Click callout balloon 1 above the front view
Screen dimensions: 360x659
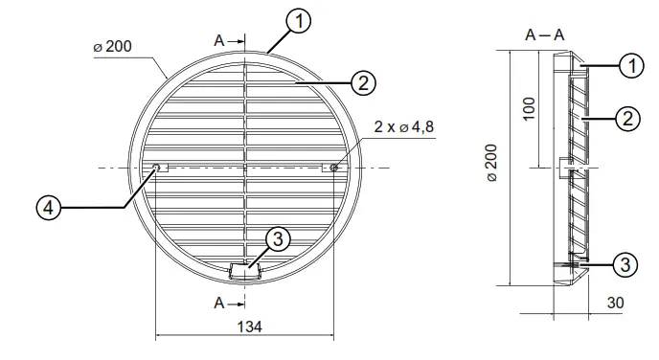click(x=298, y=20)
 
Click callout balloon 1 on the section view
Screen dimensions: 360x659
click(x=629, y=66)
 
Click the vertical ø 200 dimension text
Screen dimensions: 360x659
click(x=491, y=164)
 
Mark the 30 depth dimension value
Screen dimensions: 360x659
click(x=616, y=303)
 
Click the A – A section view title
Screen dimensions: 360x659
click(x=544, y=35)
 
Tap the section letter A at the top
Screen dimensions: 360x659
click(x=219, y=41)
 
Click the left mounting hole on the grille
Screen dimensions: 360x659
click(x=156, y=168)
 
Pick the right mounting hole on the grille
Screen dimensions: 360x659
click(x=333, y=168)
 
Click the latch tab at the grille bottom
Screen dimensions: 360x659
click(x=245, y=272)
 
